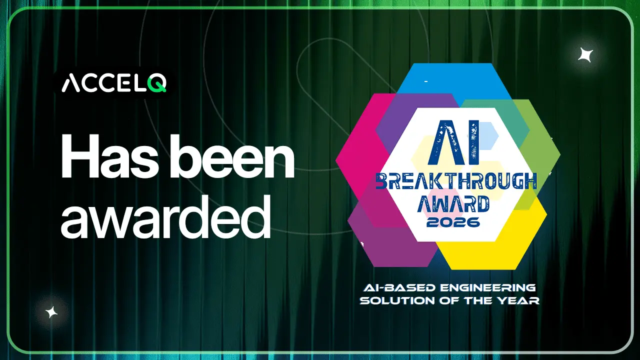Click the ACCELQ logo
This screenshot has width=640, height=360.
114,83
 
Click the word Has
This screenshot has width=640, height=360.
109,156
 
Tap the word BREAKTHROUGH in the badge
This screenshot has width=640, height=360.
456,181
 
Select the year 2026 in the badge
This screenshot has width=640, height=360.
453,222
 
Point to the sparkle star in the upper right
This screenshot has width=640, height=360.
585,55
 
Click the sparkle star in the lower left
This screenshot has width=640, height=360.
51,312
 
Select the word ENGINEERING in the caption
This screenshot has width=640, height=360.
487,287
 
